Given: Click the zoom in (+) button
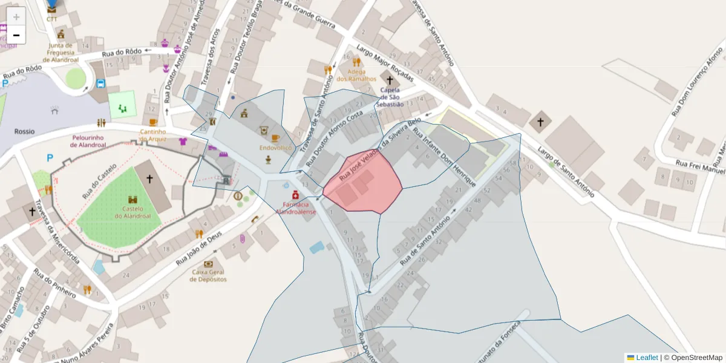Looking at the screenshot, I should [x=16, y=16].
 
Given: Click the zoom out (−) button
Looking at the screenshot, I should [x=16, y=35].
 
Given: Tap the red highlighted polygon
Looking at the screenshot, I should [x=363, y=181].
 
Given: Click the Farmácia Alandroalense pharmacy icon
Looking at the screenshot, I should [x=295, y=195].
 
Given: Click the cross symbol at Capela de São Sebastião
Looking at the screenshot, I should [x=390, y=80].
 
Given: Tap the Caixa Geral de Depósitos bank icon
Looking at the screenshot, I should [x=209, y=264].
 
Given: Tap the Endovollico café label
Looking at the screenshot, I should [x=276, y=148].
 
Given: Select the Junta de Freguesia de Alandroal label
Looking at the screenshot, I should [x=61, y=52].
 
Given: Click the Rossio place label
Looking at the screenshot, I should [x=25, y=131].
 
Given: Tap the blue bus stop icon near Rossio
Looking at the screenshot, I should [x=100, y=83].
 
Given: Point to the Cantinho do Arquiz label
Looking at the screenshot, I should [x=153, y=135].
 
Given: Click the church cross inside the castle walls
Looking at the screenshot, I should [x=149, y=179].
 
